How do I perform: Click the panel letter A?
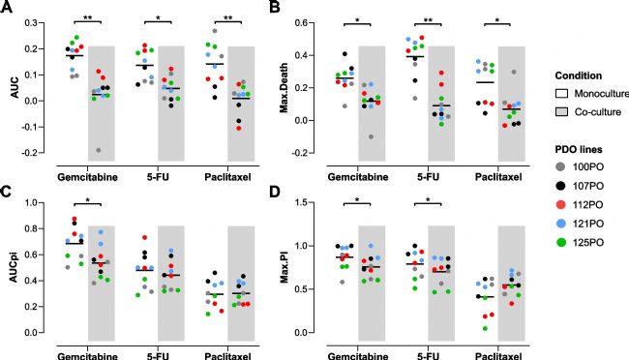6,7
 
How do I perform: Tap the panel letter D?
275,192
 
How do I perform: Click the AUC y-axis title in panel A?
15,88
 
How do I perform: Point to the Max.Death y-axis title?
284,88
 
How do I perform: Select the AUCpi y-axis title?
15,267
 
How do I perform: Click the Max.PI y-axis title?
285,267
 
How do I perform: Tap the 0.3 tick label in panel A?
31,23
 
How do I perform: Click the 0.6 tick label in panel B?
301,23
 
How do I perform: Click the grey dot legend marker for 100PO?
561,167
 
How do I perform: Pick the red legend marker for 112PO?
561,205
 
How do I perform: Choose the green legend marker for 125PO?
561,242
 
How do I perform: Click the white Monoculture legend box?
561,94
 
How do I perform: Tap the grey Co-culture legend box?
561,112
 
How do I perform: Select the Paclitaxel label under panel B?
498,177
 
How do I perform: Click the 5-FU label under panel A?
158,177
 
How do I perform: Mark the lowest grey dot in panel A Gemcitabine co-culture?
99,151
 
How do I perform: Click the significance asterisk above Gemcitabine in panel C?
88,199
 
